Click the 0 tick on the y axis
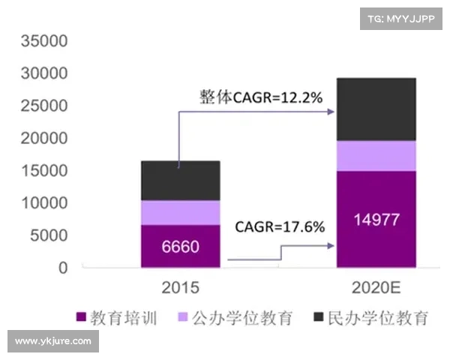tap(63, 267)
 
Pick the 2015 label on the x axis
tap(180, 286)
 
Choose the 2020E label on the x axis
tap(376, 286)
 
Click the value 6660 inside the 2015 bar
tap(180, 247)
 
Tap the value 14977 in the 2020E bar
tap(376, 220)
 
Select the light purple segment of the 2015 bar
tap(180, 212)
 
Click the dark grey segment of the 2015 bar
tap(180, 180)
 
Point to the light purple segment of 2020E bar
tap(376, 155)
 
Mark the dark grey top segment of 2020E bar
tap(376, 109)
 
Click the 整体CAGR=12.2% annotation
tap(260, 97)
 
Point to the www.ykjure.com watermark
tap(53, 341)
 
